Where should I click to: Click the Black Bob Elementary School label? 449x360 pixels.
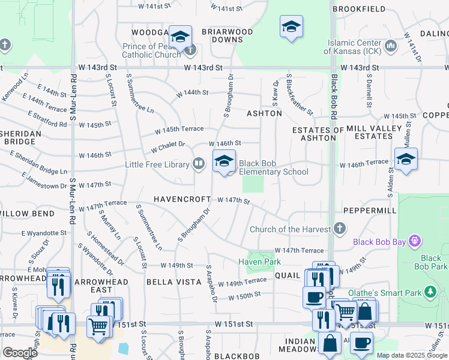[274, 167]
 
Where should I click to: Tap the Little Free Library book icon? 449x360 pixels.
[198, 163]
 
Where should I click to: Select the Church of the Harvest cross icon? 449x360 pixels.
[339, 229]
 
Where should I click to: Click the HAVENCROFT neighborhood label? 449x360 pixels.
[182, 199]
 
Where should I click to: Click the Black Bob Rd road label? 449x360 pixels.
[334, 97]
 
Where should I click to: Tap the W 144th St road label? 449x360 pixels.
[192, 93]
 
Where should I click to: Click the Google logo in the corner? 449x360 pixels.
[20, 352]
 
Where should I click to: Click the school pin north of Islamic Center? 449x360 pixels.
[291, 28]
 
